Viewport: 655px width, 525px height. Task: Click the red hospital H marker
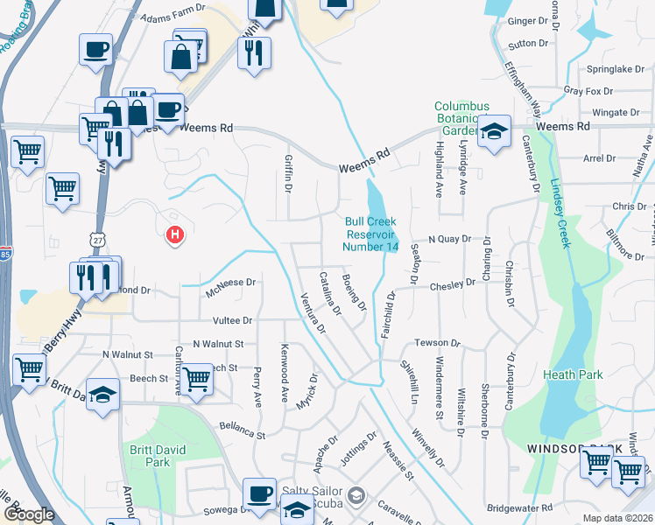coord(175,234)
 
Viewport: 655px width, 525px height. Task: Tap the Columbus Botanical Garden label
coord(461,118)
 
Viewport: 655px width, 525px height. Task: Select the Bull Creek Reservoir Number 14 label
coord(371,234)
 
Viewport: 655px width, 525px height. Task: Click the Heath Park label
coord(573,374)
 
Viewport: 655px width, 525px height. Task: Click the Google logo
coord(29,514)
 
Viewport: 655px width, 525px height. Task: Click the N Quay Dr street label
coord(449,239)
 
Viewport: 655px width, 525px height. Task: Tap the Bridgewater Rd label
coord(520,507)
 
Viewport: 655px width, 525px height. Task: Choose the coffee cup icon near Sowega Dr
coord(259,493)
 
